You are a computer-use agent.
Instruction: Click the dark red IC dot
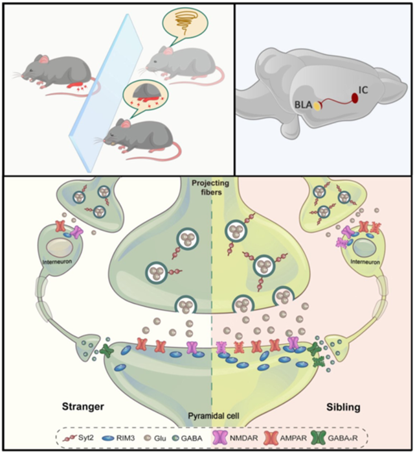coord(355,99)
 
